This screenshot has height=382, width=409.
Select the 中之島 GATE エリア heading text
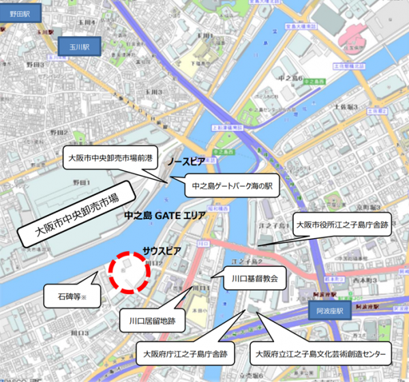tap(164, 216)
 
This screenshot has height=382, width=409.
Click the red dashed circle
tap(130, 274)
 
